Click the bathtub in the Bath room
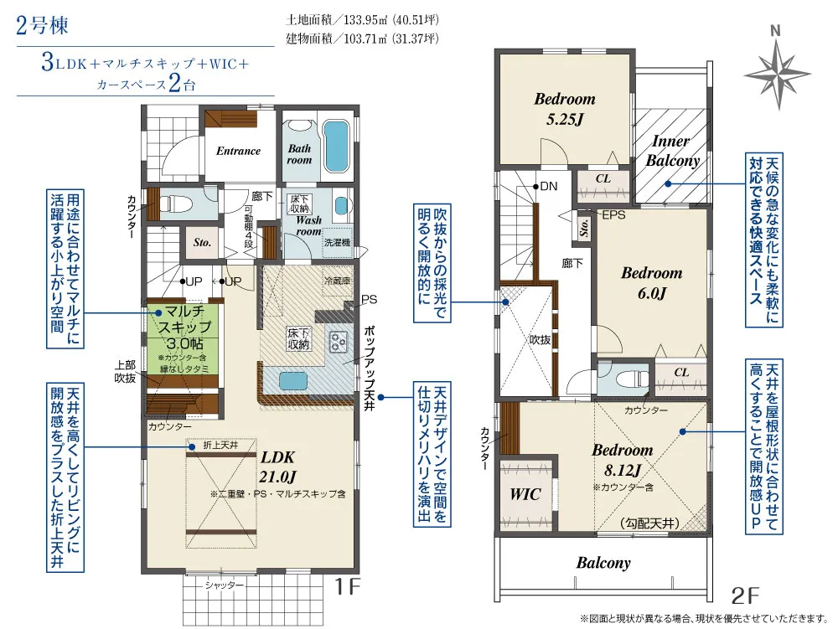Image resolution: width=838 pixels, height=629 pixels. (x=336, y=147)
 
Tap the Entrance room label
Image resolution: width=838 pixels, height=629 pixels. (x=238, y=151)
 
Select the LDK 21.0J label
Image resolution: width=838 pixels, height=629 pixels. (x=278, y=467)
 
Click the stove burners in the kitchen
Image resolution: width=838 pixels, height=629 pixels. (x=339, y=342)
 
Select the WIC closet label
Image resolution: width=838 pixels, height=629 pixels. (x=525, y=494)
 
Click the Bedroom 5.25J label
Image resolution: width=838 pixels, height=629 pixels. (x=564, y=109)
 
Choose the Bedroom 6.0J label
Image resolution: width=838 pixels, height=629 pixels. (x=651, y=283)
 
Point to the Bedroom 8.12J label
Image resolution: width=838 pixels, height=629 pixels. (x=623, y=460)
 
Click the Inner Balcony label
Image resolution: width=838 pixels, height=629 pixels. (x=672, y=151)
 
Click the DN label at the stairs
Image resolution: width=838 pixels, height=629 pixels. (x=548, y=186)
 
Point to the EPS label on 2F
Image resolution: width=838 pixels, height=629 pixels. (x=613, y=215)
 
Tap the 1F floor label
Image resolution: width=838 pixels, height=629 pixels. (x=348, y=587)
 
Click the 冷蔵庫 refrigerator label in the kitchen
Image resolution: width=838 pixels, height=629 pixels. (x=337, y=281)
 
